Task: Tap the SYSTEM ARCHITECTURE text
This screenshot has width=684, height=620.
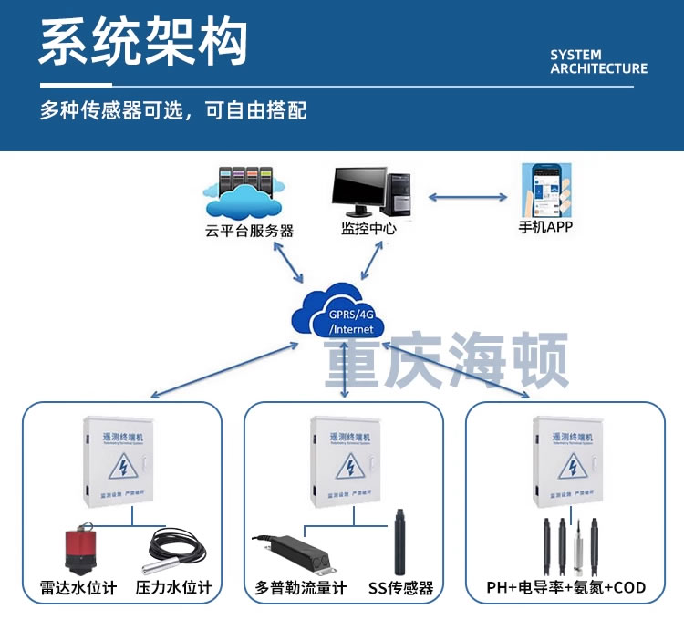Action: point(598,61)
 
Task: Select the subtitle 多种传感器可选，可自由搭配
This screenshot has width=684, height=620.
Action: point(173,111)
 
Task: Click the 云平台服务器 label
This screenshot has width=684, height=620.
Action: point(249,231)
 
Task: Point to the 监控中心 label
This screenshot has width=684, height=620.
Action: point(368,228)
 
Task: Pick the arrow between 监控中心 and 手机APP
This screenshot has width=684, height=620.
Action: point(468,196)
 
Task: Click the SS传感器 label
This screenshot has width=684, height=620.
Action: point(400,588)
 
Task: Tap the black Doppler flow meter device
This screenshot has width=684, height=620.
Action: point(301,553)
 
